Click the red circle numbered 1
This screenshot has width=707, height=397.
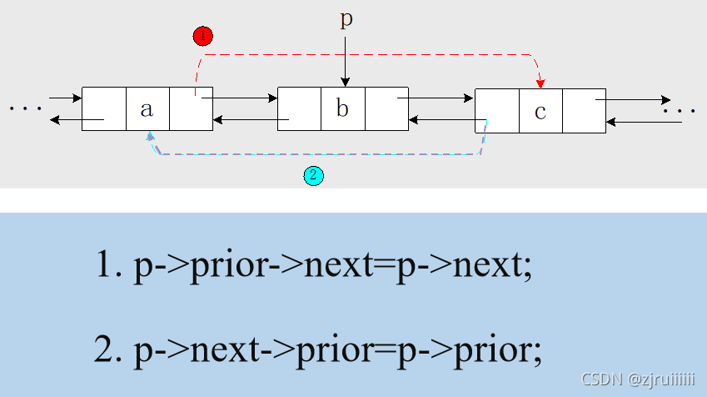(202, 36)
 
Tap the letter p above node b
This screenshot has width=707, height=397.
(346, 20)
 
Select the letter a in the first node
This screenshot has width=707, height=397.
(147, 108)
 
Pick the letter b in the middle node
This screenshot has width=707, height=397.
(342, 108)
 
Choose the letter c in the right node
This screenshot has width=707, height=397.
(540, 110)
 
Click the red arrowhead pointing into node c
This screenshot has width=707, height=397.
(541, 82)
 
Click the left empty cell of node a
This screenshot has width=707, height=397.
(104, 108)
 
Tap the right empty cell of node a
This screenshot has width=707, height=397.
(191, 108)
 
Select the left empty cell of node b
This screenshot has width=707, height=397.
(299, 108)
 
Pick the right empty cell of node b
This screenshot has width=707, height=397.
(386, 108)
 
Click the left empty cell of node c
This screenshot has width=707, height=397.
(497, 110)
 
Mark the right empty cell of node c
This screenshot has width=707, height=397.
(584, 110)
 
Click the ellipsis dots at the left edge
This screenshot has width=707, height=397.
(25, 108)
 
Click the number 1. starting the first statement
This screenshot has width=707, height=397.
(109, 265)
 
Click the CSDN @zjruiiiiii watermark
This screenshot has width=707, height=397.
(638, 380)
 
